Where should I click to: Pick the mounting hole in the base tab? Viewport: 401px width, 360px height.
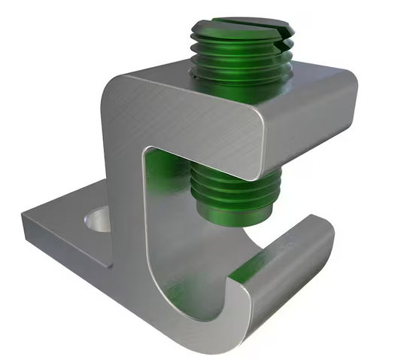coord(97,221)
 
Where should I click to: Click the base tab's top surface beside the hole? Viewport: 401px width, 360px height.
coord(68,215)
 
